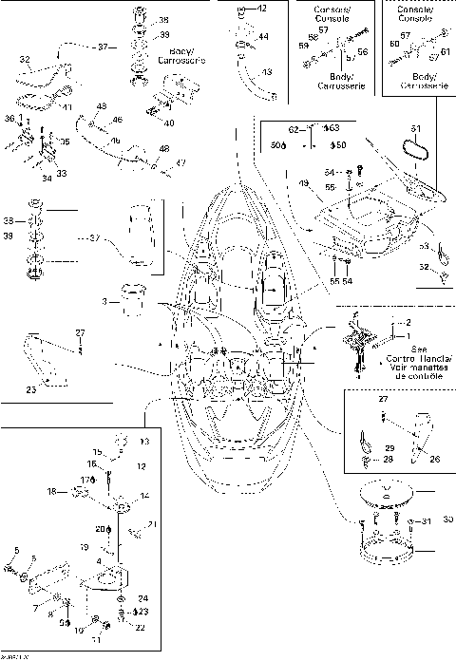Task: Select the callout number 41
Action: tap(67, 107)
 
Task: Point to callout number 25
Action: tap(30, 387)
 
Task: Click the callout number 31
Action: tap(427, 520)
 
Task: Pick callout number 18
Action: tap(53, 491)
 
